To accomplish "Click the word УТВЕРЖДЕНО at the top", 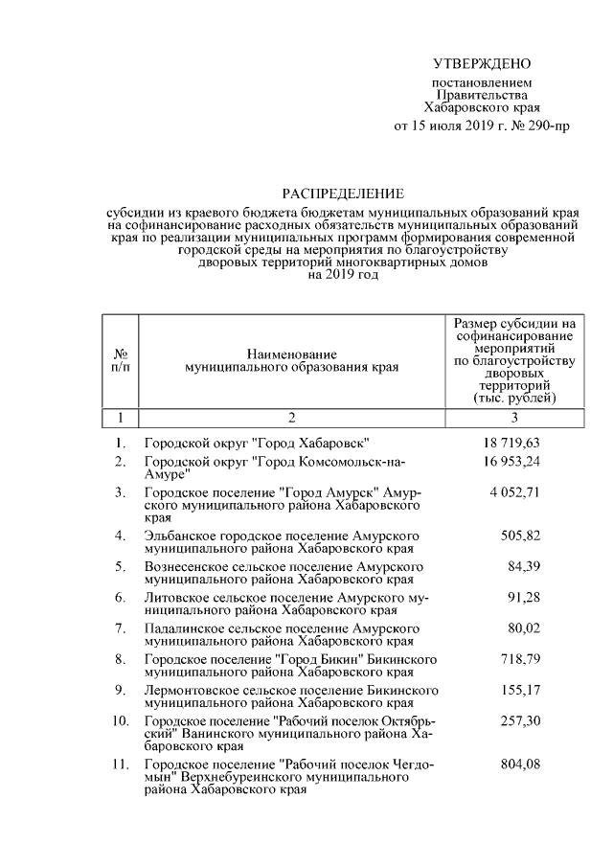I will pos(481,64).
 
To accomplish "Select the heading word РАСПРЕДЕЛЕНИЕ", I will pos(342,194).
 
